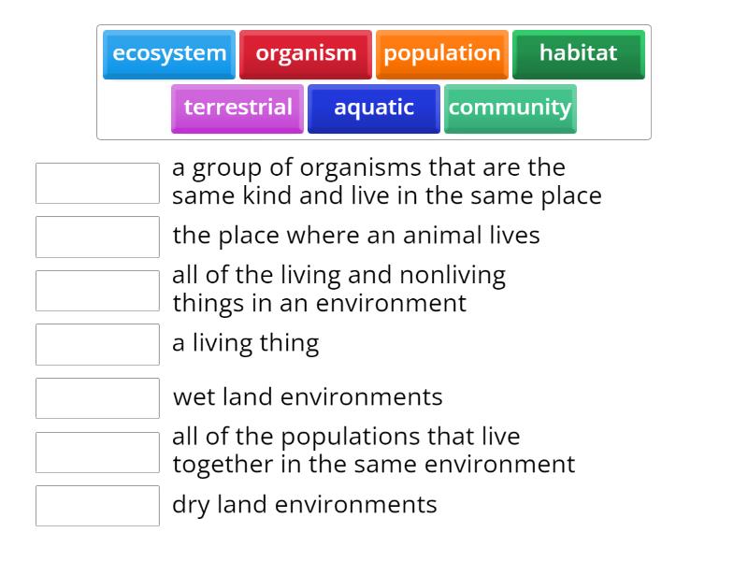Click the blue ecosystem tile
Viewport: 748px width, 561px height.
click(169, 54)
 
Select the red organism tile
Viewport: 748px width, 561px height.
click(306, 54)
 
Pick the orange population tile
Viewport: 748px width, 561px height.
click(441, 54)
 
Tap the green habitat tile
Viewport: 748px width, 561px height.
click(578, 54)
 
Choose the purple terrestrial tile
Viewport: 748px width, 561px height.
click(237, 108)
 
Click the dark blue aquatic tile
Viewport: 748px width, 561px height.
click(374, 108)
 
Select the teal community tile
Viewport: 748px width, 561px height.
click(510, 108)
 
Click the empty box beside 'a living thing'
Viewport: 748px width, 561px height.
click(97, 344)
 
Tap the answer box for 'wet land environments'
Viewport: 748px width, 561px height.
click(97, 398)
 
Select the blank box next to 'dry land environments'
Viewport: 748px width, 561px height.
click(97, 506)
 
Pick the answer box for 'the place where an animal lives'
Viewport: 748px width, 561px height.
click(97, 237)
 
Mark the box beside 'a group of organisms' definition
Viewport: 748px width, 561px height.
click(97, 183)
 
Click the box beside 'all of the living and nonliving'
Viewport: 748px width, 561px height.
click(97, 291)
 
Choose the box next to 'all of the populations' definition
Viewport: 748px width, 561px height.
click(97, 452)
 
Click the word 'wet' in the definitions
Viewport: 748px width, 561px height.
click(194, 396)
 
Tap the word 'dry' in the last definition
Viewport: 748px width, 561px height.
click(191, 505)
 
